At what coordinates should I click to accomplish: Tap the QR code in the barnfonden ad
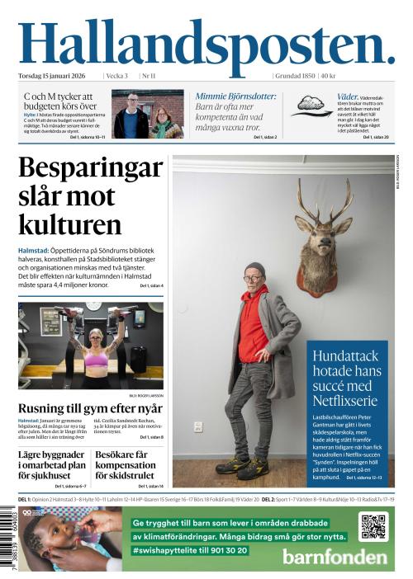pos(373,527)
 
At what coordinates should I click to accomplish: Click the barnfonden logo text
pos(334,557)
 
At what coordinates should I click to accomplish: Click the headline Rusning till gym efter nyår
pos(90,409)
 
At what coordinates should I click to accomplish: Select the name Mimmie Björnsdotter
pos(235,96)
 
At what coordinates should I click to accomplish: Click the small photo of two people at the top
pos(149,115)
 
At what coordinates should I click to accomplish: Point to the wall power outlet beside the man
pos(198,426)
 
